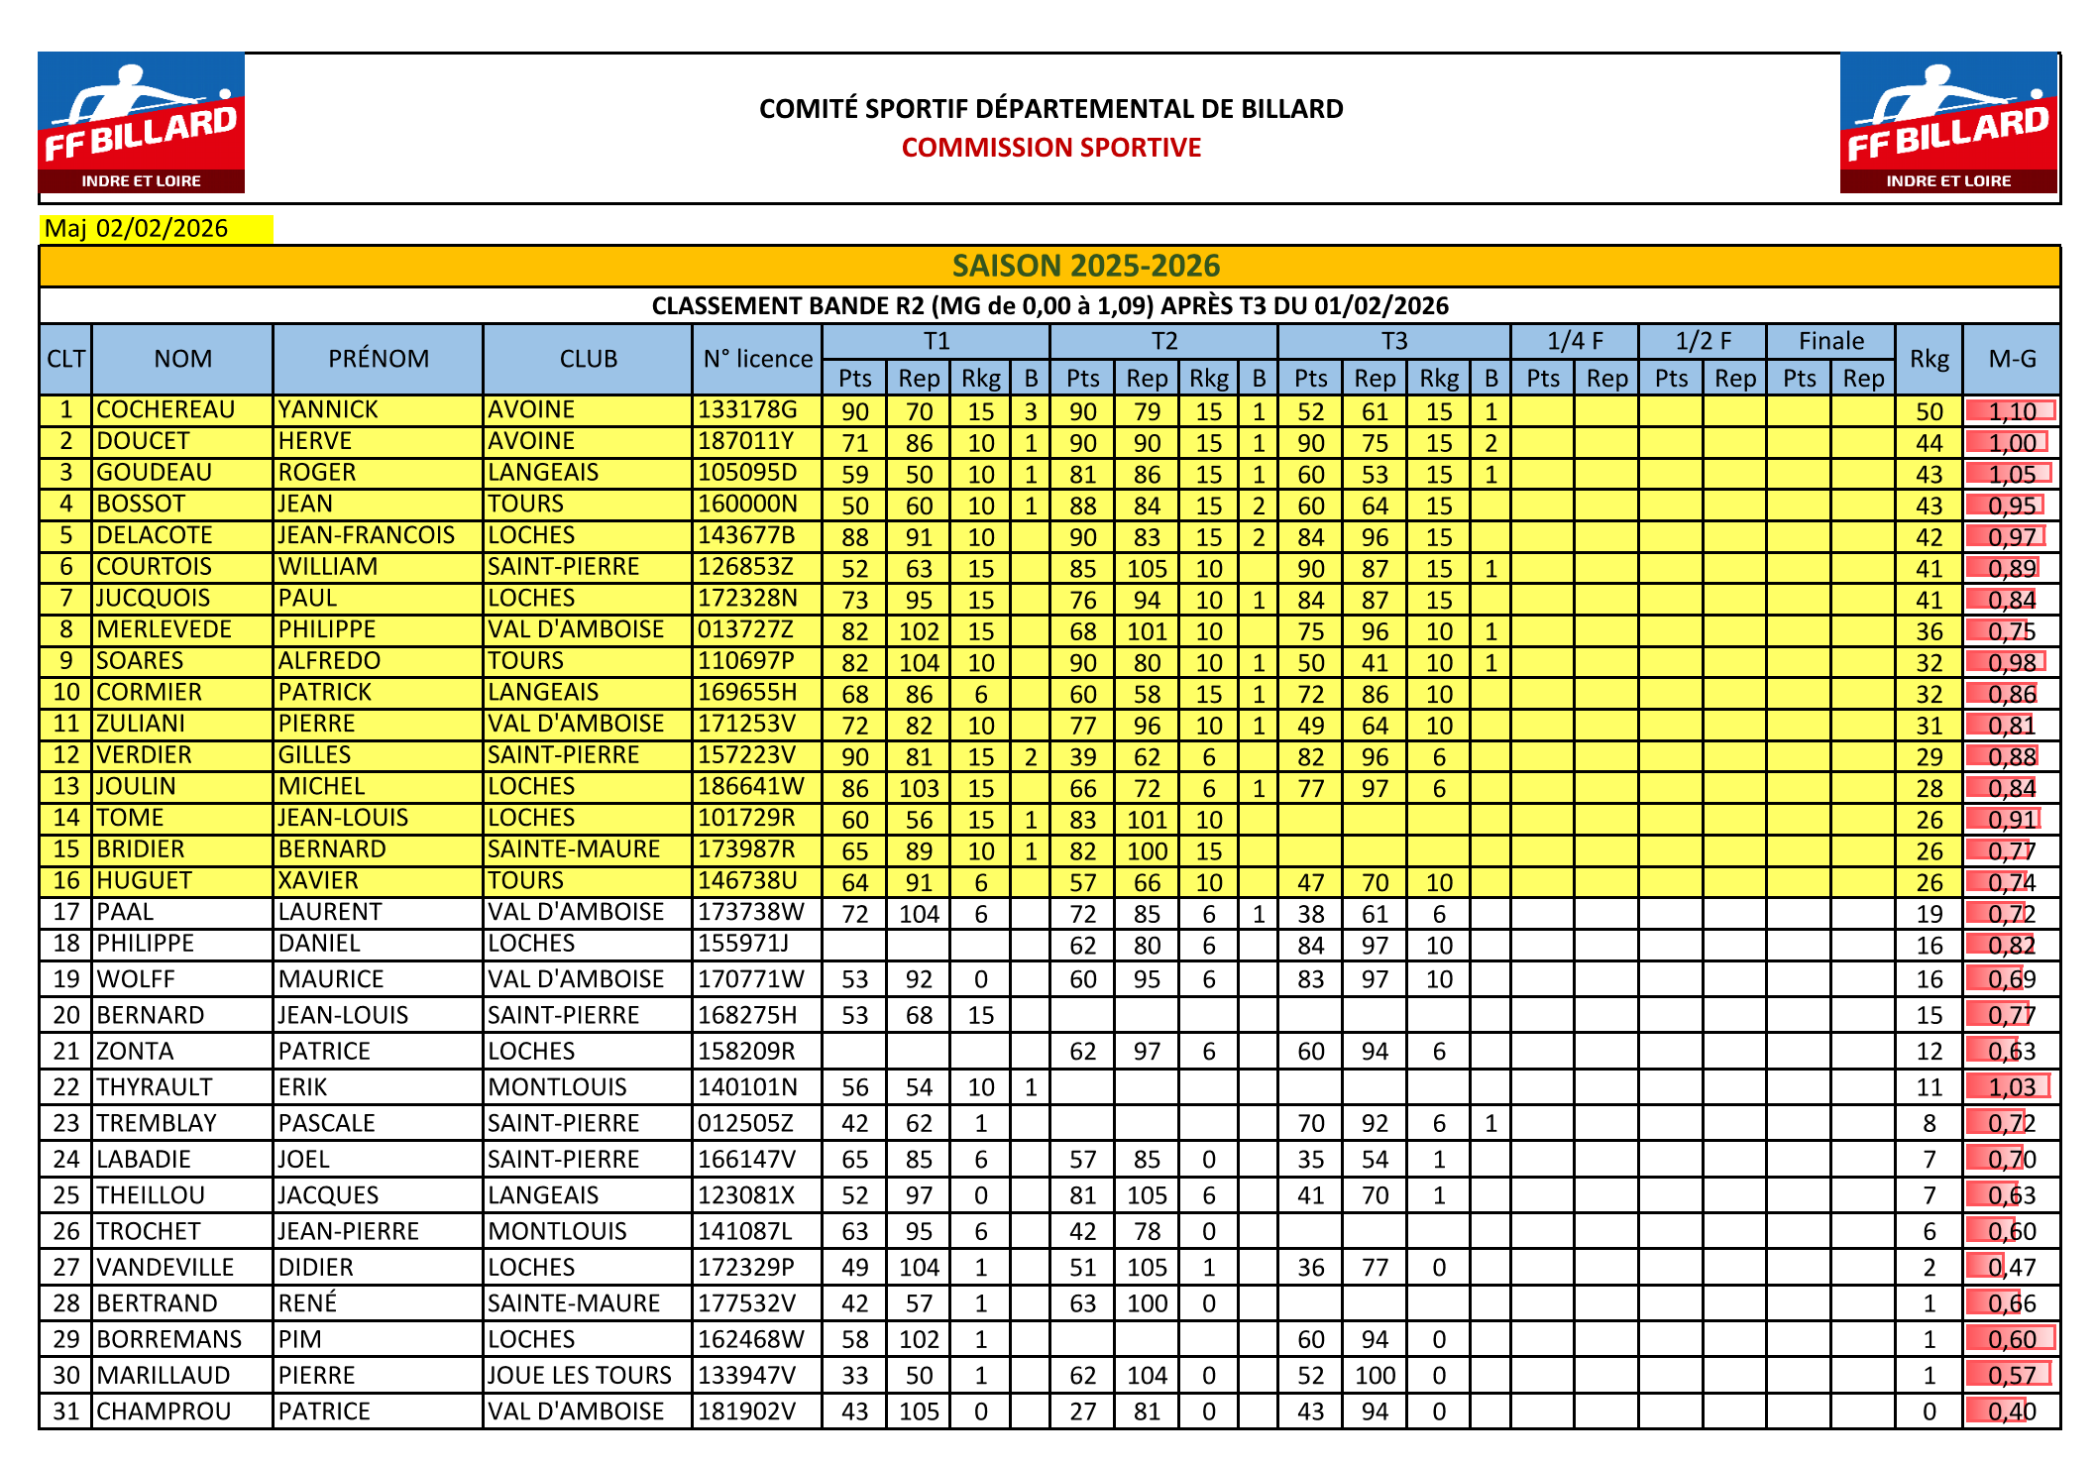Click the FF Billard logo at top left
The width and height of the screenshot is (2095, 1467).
pyautogui.click(x=142, y=123)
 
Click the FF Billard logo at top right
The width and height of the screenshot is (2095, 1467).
pyautogui.click(x=1948, y=123)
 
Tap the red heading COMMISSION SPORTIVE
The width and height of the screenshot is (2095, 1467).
pyautogui.click(x=1050, y=148)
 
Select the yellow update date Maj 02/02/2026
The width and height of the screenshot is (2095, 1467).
pyautogui.click(x=137, y=229)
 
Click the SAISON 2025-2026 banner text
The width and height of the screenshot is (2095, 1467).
pyautogui.click(x=1085, y=266)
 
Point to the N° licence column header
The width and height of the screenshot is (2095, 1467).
pyautogui.click(x=757, y=359)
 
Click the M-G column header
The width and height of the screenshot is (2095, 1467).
pyautogui.click(x=2011, y=359)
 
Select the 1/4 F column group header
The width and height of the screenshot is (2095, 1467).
pyautogui.click(x=1574, y=341)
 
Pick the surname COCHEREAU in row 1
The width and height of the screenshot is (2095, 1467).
pyautogui.click(x=165, y=410)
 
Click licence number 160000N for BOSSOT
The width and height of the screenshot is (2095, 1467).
pyautogui.click(x=747, y=505)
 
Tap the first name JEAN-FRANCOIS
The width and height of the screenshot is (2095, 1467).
pyautogui.click(x=366, y=536)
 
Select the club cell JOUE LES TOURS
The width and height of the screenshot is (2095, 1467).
pyautogui.click(x=579, y=1376)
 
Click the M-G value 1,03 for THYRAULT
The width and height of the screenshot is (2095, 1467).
pyautogui.click(x=2011, y=1087)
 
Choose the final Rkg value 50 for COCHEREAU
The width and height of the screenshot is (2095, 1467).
pyautogui.click(x=1929, y=411)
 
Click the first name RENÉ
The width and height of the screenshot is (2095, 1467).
pyautogui.click(x=307, y=1303)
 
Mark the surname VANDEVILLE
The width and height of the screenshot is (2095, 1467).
pyautogui.click(x=165, y=1268)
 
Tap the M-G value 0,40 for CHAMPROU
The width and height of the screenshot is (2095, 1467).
pyautogui.click(x=2011, y=1411)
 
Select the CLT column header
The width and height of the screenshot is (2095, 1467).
pyautogui.click(x=65, y=359)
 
